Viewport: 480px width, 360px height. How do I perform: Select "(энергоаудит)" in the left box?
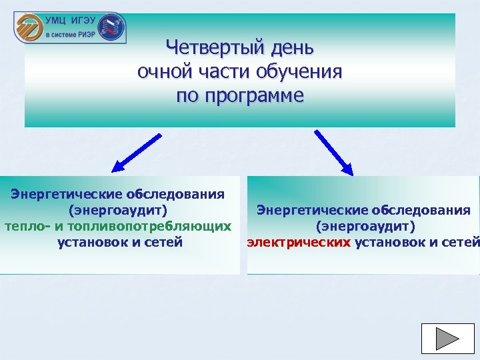coord(117,210)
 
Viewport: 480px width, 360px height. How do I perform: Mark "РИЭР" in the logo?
coord(86,33)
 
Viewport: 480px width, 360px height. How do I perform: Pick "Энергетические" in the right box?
coord(306,211)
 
